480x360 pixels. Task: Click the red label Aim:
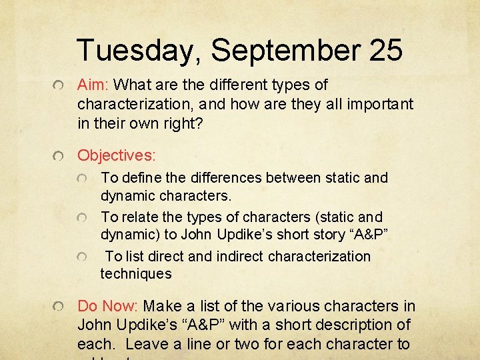94,85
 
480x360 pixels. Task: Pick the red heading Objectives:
117,155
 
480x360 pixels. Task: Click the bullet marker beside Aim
60,87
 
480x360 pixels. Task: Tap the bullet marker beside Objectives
60,157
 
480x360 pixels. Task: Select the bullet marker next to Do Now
60,307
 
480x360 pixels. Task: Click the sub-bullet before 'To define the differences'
82,179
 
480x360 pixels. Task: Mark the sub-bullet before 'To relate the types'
82,219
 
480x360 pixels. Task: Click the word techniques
136,273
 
